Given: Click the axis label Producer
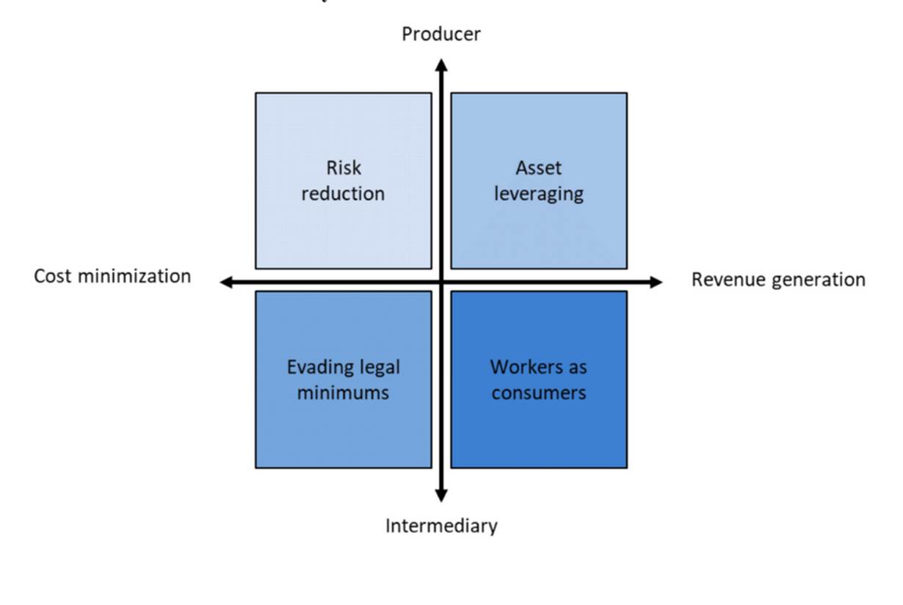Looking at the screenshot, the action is tap(441, 34).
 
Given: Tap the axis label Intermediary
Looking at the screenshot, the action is tap(441, 526).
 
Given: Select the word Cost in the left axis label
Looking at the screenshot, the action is tap(53, 277).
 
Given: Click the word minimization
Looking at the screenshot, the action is tap(134, 277).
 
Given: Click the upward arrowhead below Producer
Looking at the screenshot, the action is tap(441, 65).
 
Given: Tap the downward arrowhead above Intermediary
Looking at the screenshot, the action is tap(441, 496).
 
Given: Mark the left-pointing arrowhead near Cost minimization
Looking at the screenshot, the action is tap(226, 282).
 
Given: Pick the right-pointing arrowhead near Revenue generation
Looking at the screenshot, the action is tap(656, 282).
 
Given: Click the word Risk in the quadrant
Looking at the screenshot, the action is tap(344, 167).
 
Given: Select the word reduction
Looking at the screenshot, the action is tap(343, 194).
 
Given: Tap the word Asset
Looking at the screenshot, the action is tap(539, 167).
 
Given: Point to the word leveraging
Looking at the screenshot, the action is tap(539, 195).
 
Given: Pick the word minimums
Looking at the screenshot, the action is tap(343, 393).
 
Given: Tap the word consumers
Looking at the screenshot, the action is tap(539, 393).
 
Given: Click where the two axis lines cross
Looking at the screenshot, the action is tap(441, 282).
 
